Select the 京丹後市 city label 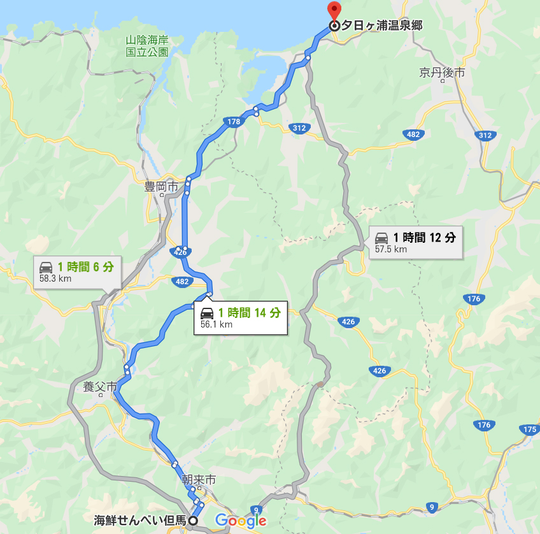[x=442, y=73]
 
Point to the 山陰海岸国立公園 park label [x=147, y=47]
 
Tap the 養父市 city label [x=100, y=387]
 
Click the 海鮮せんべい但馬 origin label [x=139, y=521]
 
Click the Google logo [x=241, y=521]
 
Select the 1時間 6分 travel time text [x=86, y=267]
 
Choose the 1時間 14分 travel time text [x=249, y=313]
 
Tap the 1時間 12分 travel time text [x=424, y=238]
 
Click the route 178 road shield [x=232, y=121]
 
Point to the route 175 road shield [x=529, y=429]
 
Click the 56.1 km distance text [x=217, y=324]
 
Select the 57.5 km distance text [x=391, y=249]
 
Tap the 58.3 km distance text [x=55, y=278]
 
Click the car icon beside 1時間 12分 [x=381, y=238]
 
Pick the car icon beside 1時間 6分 [x=46, y=267]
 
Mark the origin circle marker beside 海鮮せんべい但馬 [x=193, y=521]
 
